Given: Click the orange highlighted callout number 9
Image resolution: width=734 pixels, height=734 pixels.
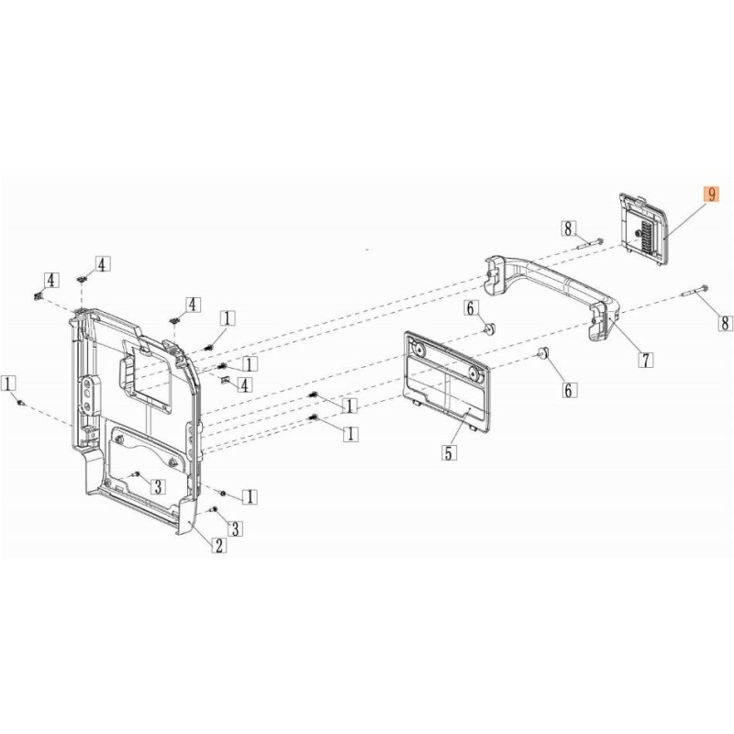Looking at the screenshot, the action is tap(712, 194).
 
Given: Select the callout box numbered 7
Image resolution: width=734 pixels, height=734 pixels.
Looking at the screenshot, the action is tap(646, 360).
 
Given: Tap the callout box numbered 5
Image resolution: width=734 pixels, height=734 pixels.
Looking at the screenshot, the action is tap(449, 452).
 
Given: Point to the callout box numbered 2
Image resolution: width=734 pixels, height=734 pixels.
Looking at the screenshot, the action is tap(218, 545).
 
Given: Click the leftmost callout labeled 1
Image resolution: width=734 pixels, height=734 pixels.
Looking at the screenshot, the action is tap(9, 384).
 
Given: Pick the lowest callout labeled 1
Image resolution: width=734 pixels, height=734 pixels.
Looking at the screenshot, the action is tap(250, 496).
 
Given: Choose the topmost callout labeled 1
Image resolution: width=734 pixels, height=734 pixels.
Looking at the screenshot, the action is tap(228, 318).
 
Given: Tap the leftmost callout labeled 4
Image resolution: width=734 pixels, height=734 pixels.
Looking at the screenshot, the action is tap(51, 280).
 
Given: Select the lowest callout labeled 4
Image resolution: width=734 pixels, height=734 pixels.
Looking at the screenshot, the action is tap(245, 384).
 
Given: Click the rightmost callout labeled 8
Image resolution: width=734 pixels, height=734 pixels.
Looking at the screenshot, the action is tap(725, 323).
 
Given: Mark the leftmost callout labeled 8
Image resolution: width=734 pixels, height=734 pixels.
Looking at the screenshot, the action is tap(568, 228).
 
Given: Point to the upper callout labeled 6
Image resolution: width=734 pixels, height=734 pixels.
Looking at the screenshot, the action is tap(471, 308).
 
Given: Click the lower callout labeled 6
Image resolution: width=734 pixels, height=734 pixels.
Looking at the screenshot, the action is tap(569, 389).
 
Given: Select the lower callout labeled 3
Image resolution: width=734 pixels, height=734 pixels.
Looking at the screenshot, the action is tap(236, 528).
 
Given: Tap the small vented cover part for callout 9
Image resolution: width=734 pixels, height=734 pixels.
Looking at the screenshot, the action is tap(643, 228).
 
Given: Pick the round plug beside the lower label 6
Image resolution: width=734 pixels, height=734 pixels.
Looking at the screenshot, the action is tap(543, 352).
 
